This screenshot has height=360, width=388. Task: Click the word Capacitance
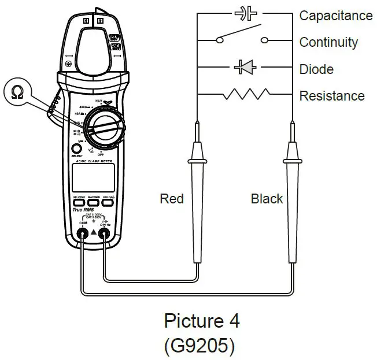pyautogui.click(x=335, y=16)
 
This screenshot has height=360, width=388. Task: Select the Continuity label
pyautogui.click(x=328, y=42)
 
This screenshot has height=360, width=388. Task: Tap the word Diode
pyautogui.click(x=316, y=69)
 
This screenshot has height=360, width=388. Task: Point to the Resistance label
pyautogui.click(x=331, y=96)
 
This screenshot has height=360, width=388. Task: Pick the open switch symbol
pyautogui.click(x=242, y=36)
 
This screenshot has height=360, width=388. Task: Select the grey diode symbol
pyautogui.click(x=245, y=68)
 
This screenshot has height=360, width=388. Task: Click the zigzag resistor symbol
pyautogui.click(x=246, y=94)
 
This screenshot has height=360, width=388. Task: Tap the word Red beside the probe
pyautogui.click(x=172, y=199)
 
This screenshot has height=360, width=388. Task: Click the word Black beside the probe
pyautogui.click(x=267, y=199)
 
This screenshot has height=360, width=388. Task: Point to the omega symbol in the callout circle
pyautogui.click(x=17, y=92)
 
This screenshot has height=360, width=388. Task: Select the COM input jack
pyautogui.click(x=83, y=234)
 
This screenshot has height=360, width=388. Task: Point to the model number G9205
pyautogui.click(x=200, y=346)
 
